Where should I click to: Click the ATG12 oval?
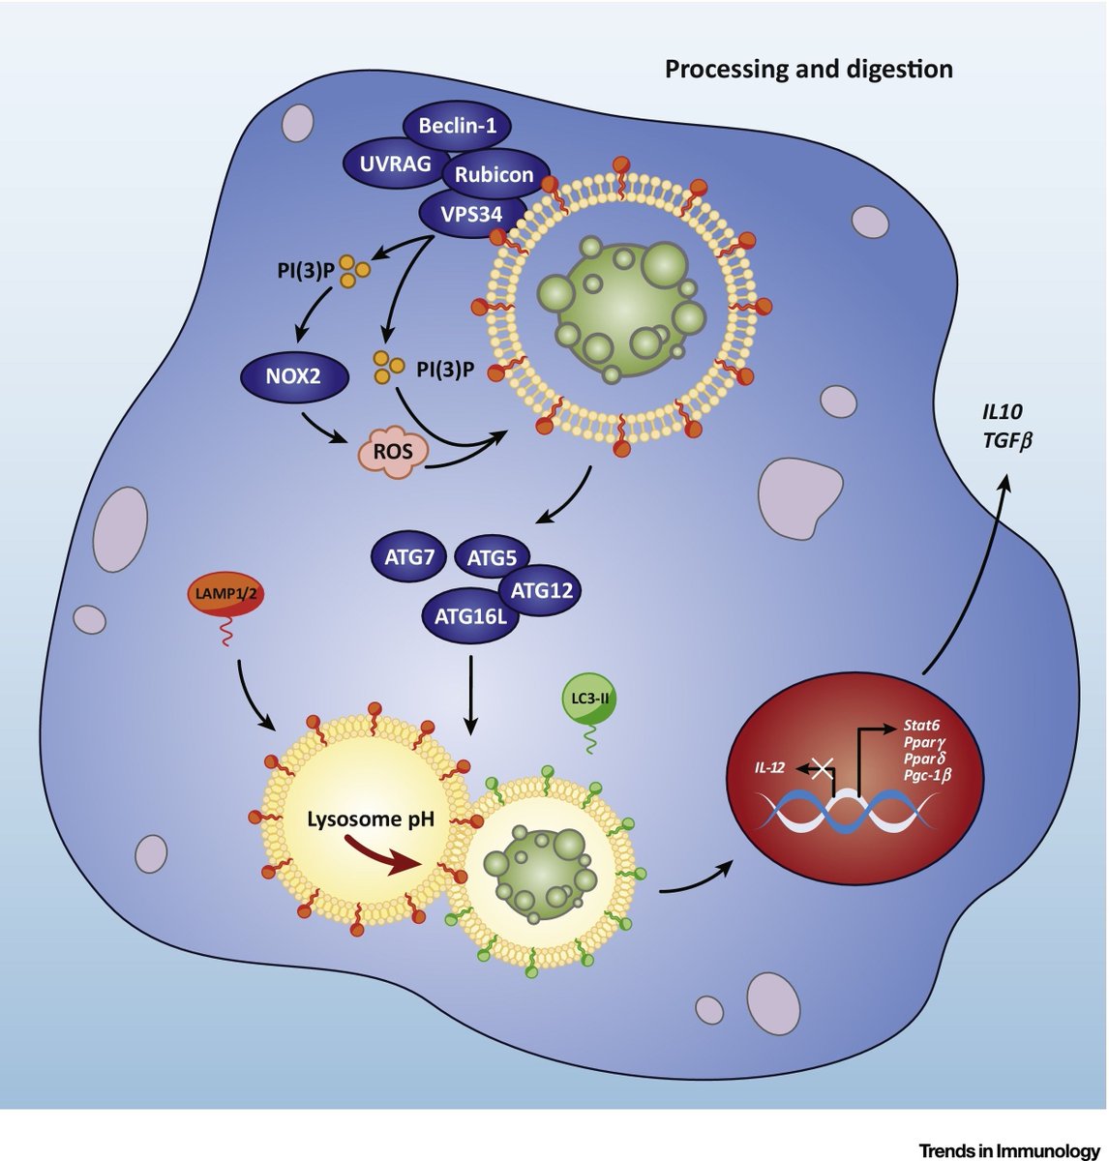(541, 589)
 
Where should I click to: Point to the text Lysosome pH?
(371, 820)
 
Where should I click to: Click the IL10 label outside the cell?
(999, 412)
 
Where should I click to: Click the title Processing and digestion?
(808, 70)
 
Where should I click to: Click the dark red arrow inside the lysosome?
(376, 856)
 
